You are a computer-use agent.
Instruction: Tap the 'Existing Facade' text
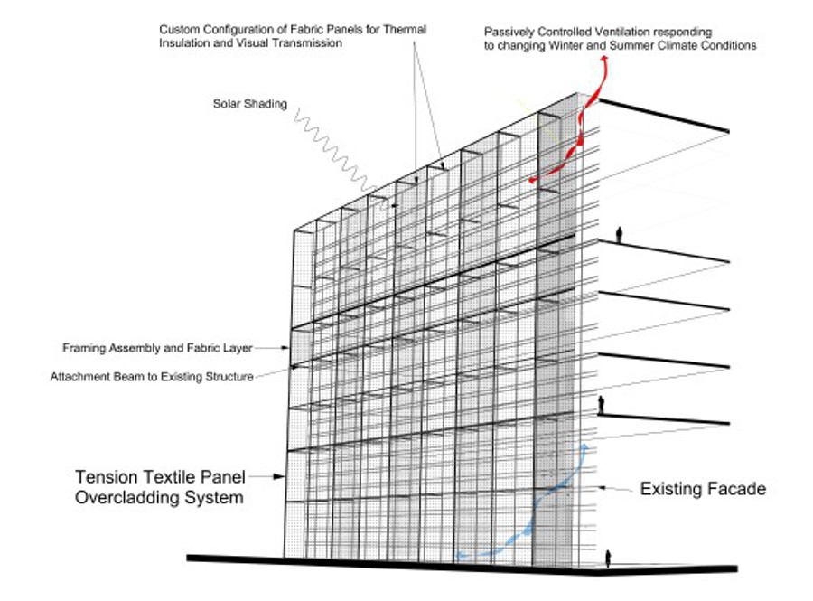703,489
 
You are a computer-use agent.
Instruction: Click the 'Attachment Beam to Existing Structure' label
152,376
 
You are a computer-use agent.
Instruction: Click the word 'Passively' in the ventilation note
510,31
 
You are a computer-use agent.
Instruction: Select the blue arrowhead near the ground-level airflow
585,446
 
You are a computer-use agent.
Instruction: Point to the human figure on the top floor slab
620,235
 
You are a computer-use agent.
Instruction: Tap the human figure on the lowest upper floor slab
601,406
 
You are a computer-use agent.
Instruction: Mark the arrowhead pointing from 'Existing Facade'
603,489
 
